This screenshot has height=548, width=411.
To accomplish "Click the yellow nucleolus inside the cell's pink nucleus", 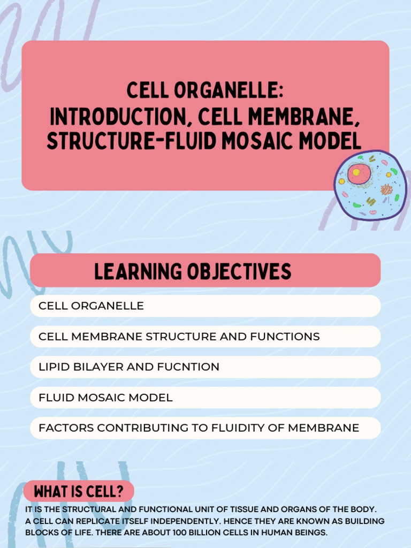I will point(355,172).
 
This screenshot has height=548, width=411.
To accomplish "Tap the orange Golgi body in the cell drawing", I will point(386,189).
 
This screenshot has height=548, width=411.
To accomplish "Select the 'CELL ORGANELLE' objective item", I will point(91,306).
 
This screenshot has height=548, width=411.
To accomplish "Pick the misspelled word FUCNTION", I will point(189,367).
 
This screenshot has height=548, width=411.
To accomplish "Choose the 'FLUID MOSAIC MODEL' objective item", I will point(105,398).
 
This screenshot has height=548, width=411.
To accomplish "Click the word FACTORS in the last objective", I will point(66,428).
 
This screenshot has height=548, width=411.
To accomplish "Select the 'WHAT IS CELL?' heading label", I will point(79,491).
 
